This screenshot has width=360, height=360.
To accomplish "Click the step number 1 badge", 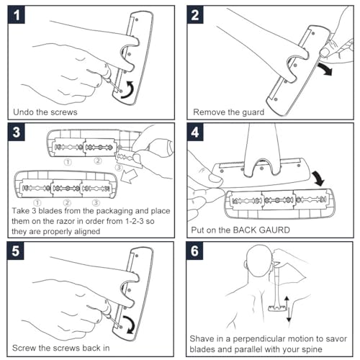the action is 17,15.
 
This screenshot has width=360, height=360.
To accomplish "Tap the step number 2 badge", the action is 195,15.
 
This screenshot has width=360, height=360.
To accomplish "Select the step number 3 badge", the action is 17,132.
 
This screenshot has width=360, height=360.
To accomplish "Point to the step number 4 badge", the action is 195,132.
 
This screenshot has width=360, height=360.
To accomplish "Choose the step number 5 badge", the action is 16,251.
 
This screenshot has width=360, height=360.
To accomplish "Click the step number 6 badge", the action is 194,251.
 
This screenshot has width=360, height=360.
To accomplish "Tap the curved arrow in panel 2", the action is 325,68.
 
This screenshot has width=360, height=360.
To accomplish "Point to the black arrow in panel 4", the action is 319,178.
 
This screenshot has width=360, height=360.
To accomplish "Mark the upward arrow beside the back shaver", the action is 287,302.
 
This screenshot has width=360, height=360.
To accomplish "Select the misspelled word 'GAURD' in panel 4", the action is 273,230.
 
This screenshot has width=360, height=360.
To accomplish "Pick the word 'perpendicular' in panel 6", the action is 258,339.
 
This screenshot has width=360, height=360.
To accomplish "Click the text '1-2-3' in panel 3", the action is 135,221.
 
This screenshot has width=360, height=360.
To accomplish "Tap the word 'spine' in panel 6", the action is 312,349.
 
